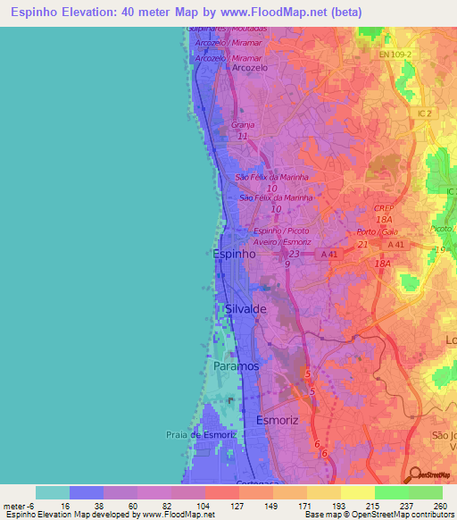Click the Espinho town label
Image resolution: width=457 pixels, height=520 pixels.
[236, 254]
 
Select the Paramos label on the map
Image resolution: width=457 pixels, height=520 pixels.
[236, 366]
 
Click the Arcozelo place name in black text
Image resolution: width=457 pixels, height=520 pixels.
[249, 67]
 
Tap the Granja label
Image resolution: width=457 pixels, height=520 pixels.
[243, 125]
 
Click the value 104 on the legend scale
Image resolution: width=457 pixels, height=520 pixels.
[187, 505]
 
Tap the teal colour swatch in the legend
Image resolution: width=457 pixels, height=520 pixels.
[53, 492]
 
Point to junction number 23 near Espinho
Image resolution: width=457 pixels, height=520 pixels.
[294, 253]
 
